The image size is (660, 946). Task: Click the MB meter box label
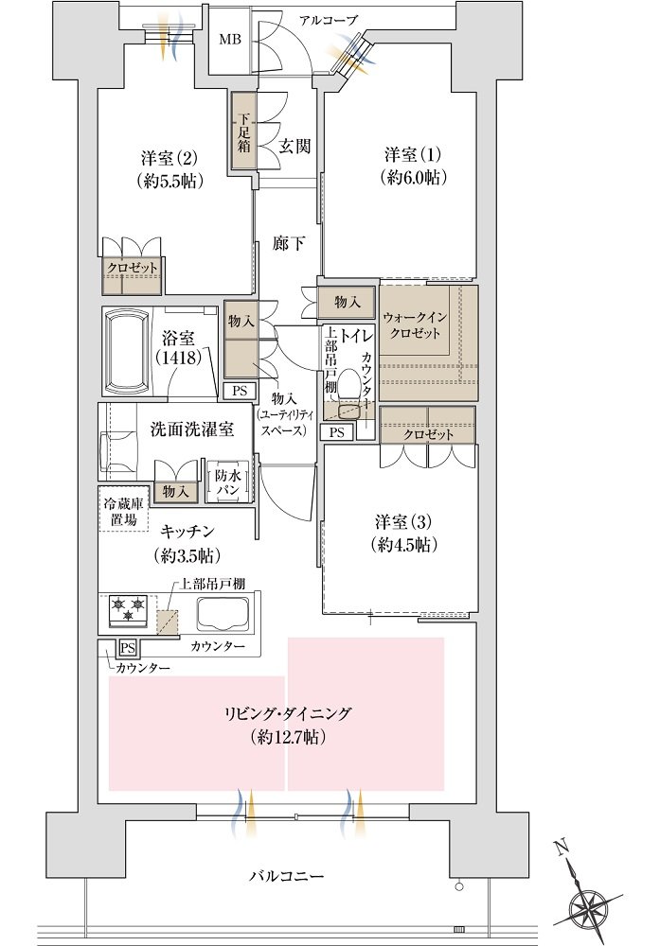tap(229, 41)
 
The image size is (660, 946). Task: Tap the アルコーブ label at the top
tap(329, 20)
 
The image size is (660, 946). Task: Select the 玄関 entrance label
tap(295, 146)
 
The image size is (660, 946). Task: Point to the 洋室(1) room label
tap(413, 154)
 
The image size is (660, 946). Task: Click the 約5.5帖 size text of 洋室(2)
tap(169, 181)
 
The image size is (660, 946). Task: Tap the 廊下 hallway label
tap(289, 244)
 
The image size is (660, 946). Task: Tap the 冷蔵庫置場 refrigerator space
tap(123, 509)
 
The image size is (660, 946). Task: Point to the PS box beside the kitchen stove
tap(128, 648)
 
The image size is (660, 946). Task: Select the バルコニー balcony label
tap(287, 875)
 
